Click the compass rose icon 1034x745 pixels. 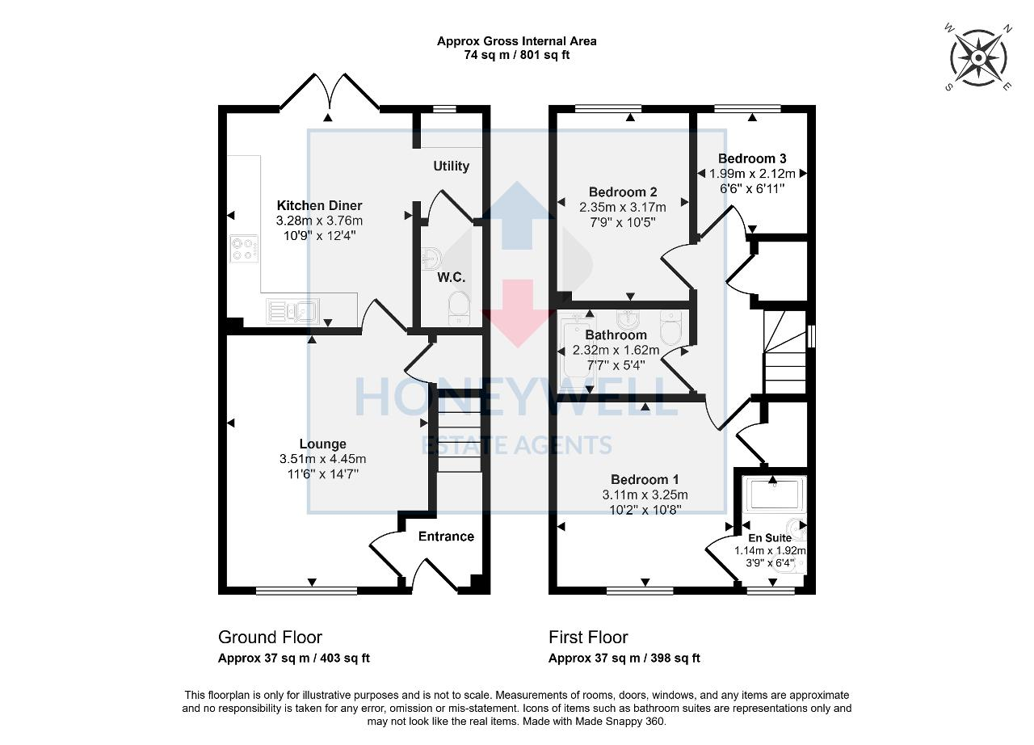pyautogui.click(x=978, y=58)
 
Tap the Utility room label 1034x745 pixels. pyautogui.click(x=451, y=166)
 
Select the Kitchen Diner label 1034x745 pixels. pyautogui.click(x=319, y=205)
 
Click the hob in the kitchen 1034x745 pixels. pyautogui.click(x=244, y=248)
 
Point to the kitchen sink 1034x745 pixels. pyautogui.click(x=292, y=309)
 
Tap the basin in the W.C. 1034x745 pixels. pyautogui.click(x=431, y=259)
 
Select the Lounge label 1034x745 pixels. pyautogui.click(x=322, y=444)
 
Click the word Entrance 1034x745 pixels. pyautogui.click(x=446, y=537)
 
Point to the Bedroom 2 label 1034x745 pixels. pyautogui.click(x=622, y=192)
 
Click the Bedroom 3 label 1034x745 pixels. pyautogui.click(x=752, y=158)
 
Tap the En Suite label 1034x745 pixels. pyautogui.click(x=770, y=538)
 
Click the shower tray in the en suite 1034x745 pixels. pyautogui.click(x=774, y=494)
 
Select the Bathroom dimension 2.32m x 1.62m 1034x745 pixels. pyautogui.click(x=616, y=350)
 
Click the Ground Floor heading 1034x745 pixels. pyautogui.click(x=270, y=638)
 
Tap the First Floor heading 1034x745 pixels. pyautogui.click(x=588, y=638)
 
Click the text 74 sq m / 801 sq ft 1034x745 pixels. pyautogui.click(x=516, y=55)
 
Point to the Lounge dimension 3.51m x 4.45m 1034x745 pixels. pyautogui.click(x=322, y=459)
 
